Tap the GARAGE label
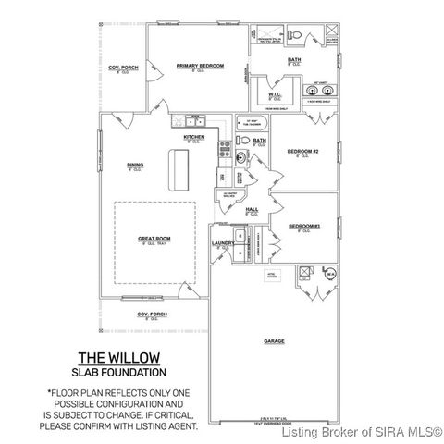click(274, 341)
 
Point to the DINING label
click(135, 166)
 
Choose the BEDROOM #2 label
click(302, 151)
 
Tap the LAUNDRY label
click(222, 243)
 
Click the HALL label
click(252, 210)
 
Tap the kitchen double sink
click(194, 121)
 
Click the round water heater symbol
click(329, 274)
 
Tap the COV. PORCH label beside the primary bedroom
click(124, 68)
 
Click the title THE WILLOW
click(118, 357)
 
